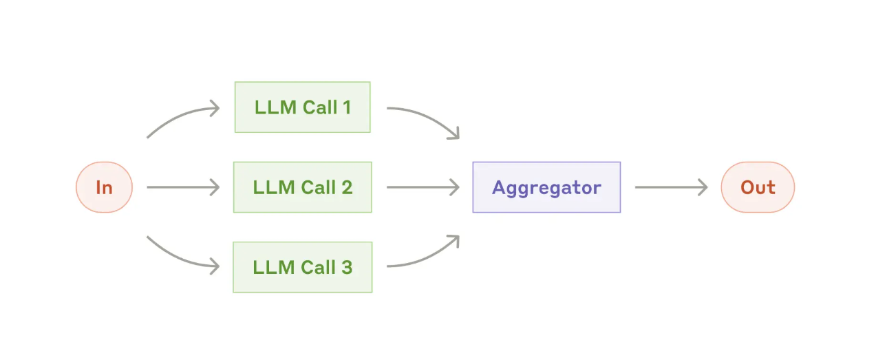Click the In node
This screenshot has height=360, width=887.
[104, 187]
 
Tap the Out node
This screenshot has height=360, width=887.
[758, 187]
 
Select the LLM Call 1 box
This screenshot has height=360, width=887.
[303, 107]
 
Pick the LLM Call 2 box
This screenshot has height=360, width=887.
[303, 187]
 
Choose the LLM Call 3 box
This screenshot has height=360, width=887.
[303, 267]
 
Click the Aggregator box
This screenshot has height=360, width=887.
[546, 187]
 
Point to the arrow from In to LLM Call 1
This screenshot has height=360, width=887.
[179, 115]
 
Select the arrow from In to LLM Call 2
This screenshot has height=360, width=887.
[183, 187]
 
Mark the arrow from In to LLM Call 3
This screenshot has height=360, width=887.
[179, 258]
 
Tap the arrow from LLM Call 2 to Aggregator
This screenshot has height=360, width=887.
[423, 187]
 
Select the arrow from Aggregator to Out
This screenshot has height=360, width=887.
[671, 187]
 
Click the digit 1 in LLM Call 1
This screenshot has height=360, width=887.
[348, 107]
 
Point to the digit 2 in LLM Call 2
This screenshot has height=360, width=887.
[347, 187]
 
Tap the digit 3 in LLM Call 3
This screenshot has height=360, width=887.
[347, 267]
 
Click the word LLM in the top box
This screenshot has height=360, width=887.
[276, 107]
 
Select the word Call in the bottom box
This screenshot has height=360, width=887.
[319, 267]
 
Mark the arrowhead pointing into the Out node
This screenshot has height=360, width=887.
[703, 187]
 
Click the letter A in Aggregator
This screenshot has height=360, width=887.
[500, 187]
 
